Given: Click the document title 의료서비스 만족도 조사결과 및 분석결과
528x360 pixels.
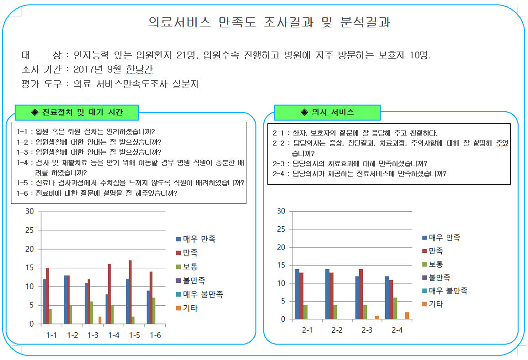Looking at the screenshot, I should click(x=269, y=23).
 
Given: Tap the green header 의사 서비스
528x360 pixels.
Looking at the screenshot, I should click(x=327, y=112).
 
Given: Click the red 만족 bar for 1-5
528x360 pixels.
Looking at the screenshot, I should click(x=131, y=292).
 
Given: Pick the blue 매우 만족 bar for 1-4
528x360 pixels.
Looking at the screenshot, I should click(x=107, y=309).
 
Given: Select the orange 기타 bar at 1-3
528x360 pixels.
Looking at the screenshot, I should click(x=99, y=320).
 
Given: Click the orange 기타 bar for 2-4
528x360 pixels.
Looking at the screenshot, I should click(x=407, y=315).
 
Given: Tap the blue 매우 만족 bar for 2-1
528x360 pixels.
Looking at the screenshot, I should click(x=297, y=294).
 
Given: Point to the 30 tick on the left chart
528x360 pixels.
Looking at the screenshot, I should click(x=30, y=211).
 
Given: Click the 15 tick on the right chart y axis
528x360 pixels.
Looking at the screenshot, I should click(x=281, y=265).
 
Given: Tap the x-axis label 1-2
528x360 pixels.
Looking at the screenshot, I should click(x=72, y=335).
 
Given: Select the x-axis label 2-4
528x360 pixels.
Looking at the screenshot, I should click(x=397, y=330).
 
